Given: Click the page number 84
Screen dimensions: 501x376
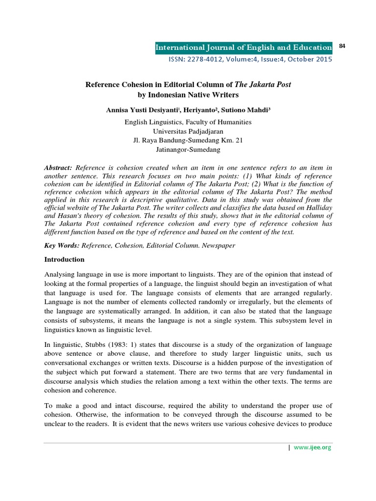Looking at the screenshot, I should click(342, 46).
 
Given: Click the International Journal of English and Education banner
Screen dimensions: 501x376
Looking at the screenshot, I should click(243, 47).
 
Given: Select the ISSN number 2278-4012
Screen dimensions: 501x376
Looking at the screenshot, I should click(200, 60).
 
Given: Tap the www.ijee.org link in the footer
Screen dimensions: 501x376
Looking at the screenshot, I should click(312, 448).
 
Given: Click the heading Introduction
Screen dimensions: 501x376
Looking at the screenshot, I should click(65, 259).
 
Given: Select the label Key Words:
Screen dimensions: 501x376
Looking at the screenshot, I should click(62, 246).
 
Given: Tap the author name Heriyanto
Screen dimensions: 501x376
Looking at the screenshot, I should click(197, 111).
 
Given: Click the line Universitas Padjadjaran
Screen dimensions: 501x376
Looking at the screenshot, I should click(188, 131).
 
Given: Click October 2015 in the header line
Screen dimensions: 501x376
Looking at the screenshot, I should click(313, 60).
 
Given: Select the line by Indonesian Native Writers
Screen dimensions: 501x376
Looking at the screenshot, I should click(188, 94).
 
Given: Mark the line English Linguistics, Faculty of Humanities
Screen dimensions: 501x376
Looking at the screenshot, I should click(188, 122).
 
